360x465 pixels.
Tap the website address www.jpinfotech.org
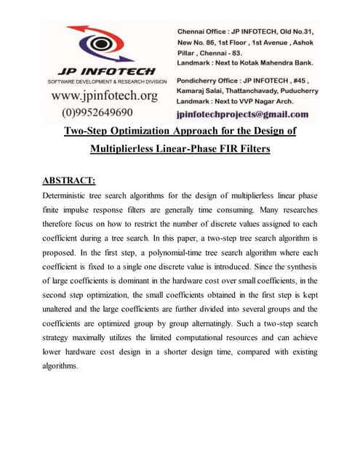[x=105, y=97]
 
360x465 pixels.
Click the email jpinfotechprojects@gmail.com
[x=242, y=114]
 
